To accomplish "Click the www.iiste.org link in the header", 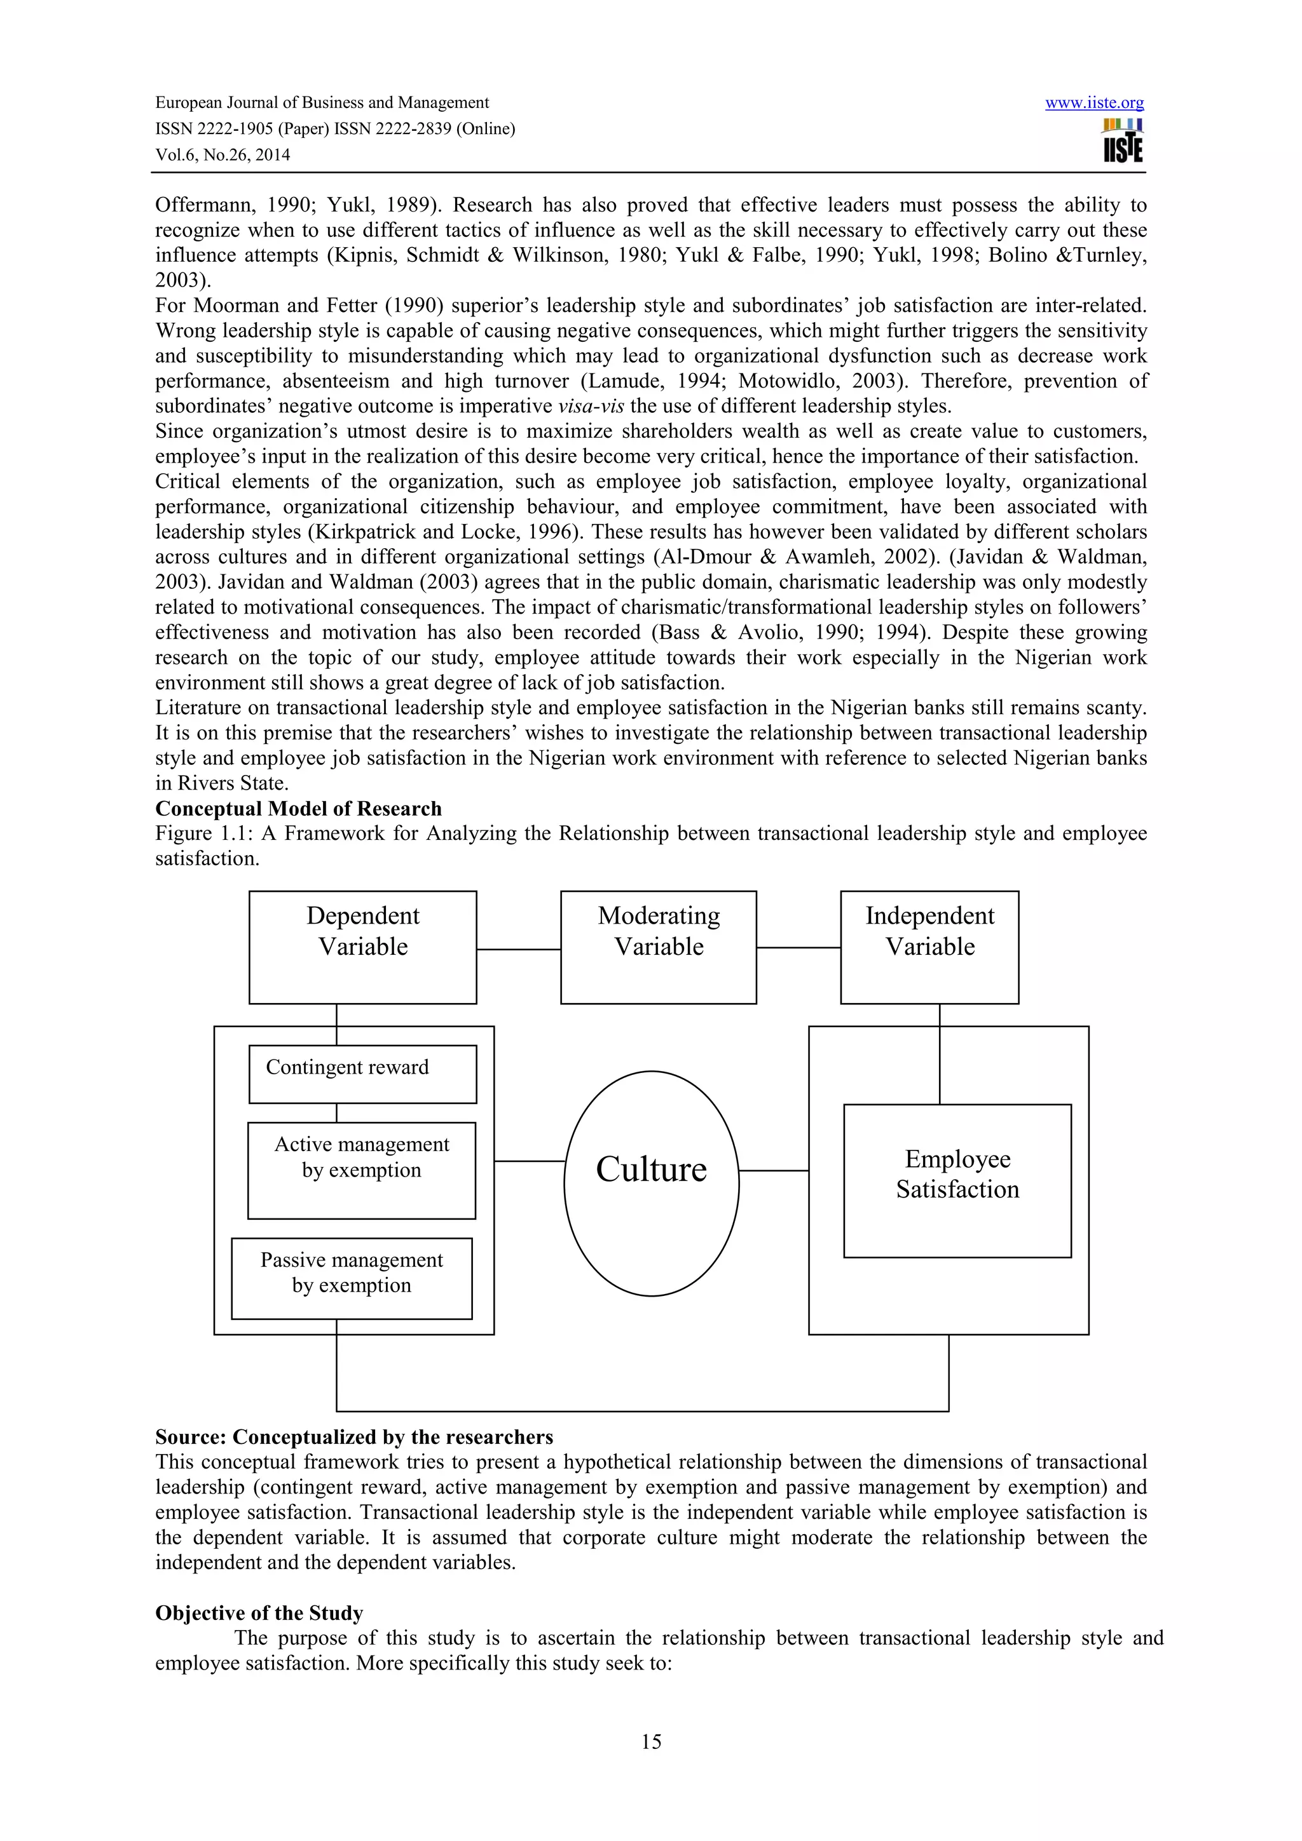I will coord(1093,103).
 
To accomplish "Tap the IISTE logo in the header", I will coord(1122,141).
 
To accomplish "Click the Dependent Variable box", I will coord(362,947).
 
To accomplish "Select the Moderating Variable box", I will coord(658,947).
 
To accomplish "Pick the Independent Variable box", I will coord(929,947).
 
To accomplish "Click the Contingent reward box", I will coord(362,1074).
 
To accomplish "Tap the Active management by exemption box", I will coord(361,1170).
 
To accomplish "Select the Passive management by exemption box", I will coord(352,1278).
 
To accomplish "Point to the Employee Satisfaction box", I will coord(957,1180).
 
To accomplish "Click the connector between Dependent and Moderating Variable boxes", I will coord(518,949).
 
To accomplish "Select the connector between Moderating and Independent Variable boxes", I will coord(798,948).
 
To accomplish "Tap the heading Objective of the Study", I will coord(259,1612).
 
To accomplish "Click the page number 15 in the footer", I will coord(650,1763).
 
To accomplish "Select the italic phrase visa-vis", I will coord(591,406).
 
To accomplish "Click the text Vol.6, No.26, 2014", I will coord(223,155).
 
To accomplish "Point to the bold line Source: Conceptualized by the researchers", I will coord(353,1437).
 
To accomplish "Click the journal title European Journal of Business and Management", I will coord(322,103).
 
